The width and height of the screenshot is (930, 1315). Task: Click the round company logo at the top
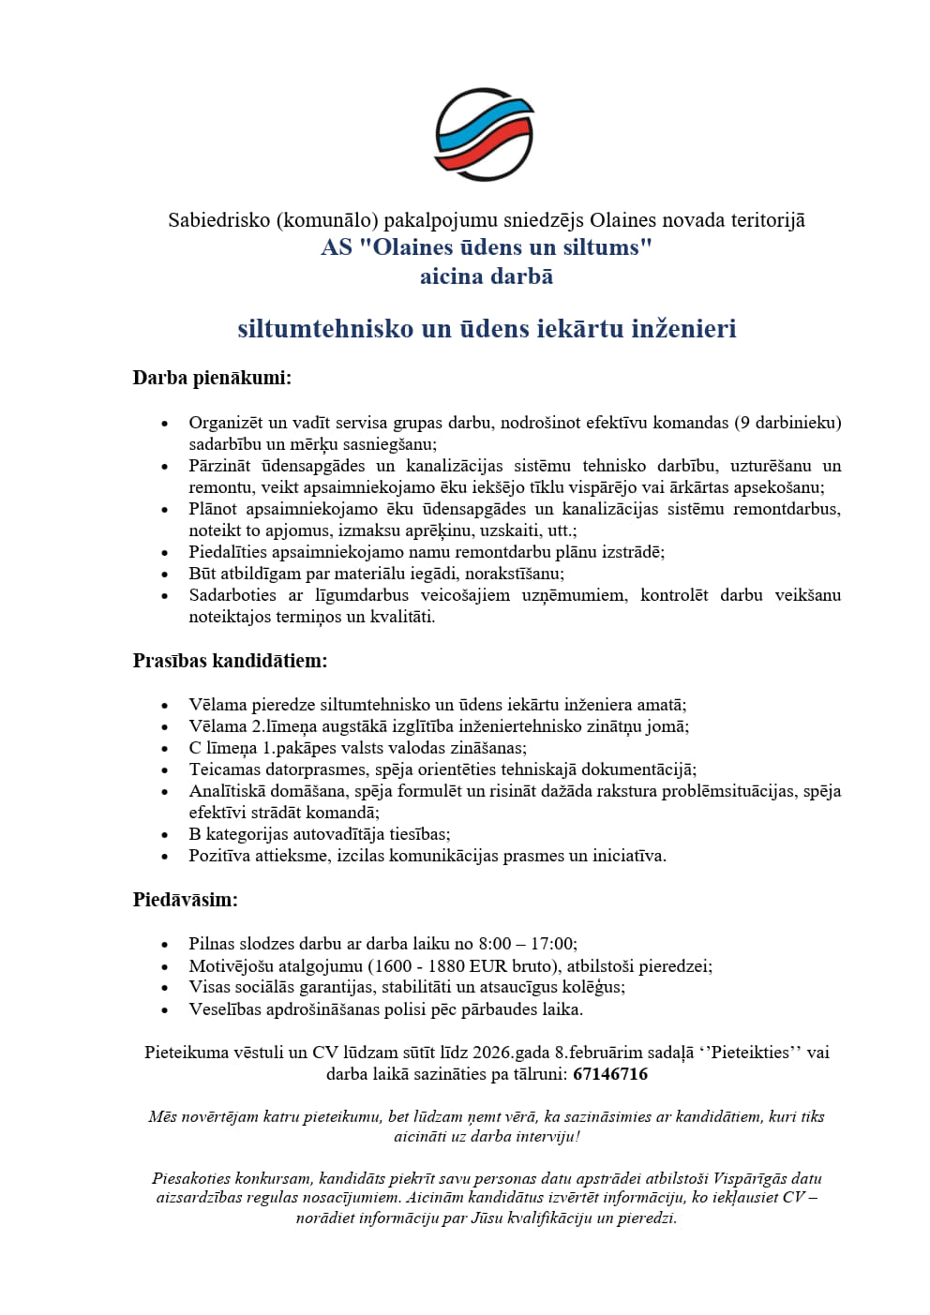pyautogui.click(x=485, y=134)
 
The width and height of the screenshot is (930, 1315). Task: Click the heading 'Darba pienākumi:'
pyautogui.click(x=212, y=379)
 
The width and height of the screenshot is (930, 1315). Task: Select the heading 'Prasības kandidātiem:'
pyautogui.click(x=230, y=661)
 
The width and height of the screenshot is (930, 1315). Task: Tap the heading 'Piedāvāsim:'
pyautogui.click(x=185, y=900)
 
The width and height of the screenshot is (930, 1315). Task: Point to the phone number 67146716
pyautogui.click(x=609, y=1074)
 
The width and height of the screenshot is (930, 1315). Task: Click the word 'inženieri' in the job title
pyautogui.click(x=683, y=329)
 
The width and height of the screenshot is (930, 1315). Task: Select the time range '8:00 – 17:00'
pyautogui.click(x=527, y=944)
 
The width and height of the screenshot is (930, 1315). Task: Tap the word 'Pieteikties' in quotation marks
pyautogui.click(x=750, y=1053)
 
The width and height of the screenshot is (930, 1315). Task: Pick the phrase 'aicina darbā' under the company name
pyautogui.click(x=486, y=276)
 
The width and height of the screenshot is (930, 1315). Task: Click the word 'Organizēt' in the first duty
pyautogui.click(x=226, y=423)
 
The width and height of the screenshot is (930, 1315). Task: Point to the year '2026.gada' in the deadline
pyautogui.click(x=511, y=1053)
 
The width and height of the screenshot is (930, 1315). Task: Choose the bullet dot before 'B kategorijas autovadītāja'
pyautogui.click(x=165, y=835)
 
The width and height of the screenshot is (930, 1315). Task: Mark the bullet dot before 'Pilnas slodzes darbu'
pyautogui.click(x=165, y=945)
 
